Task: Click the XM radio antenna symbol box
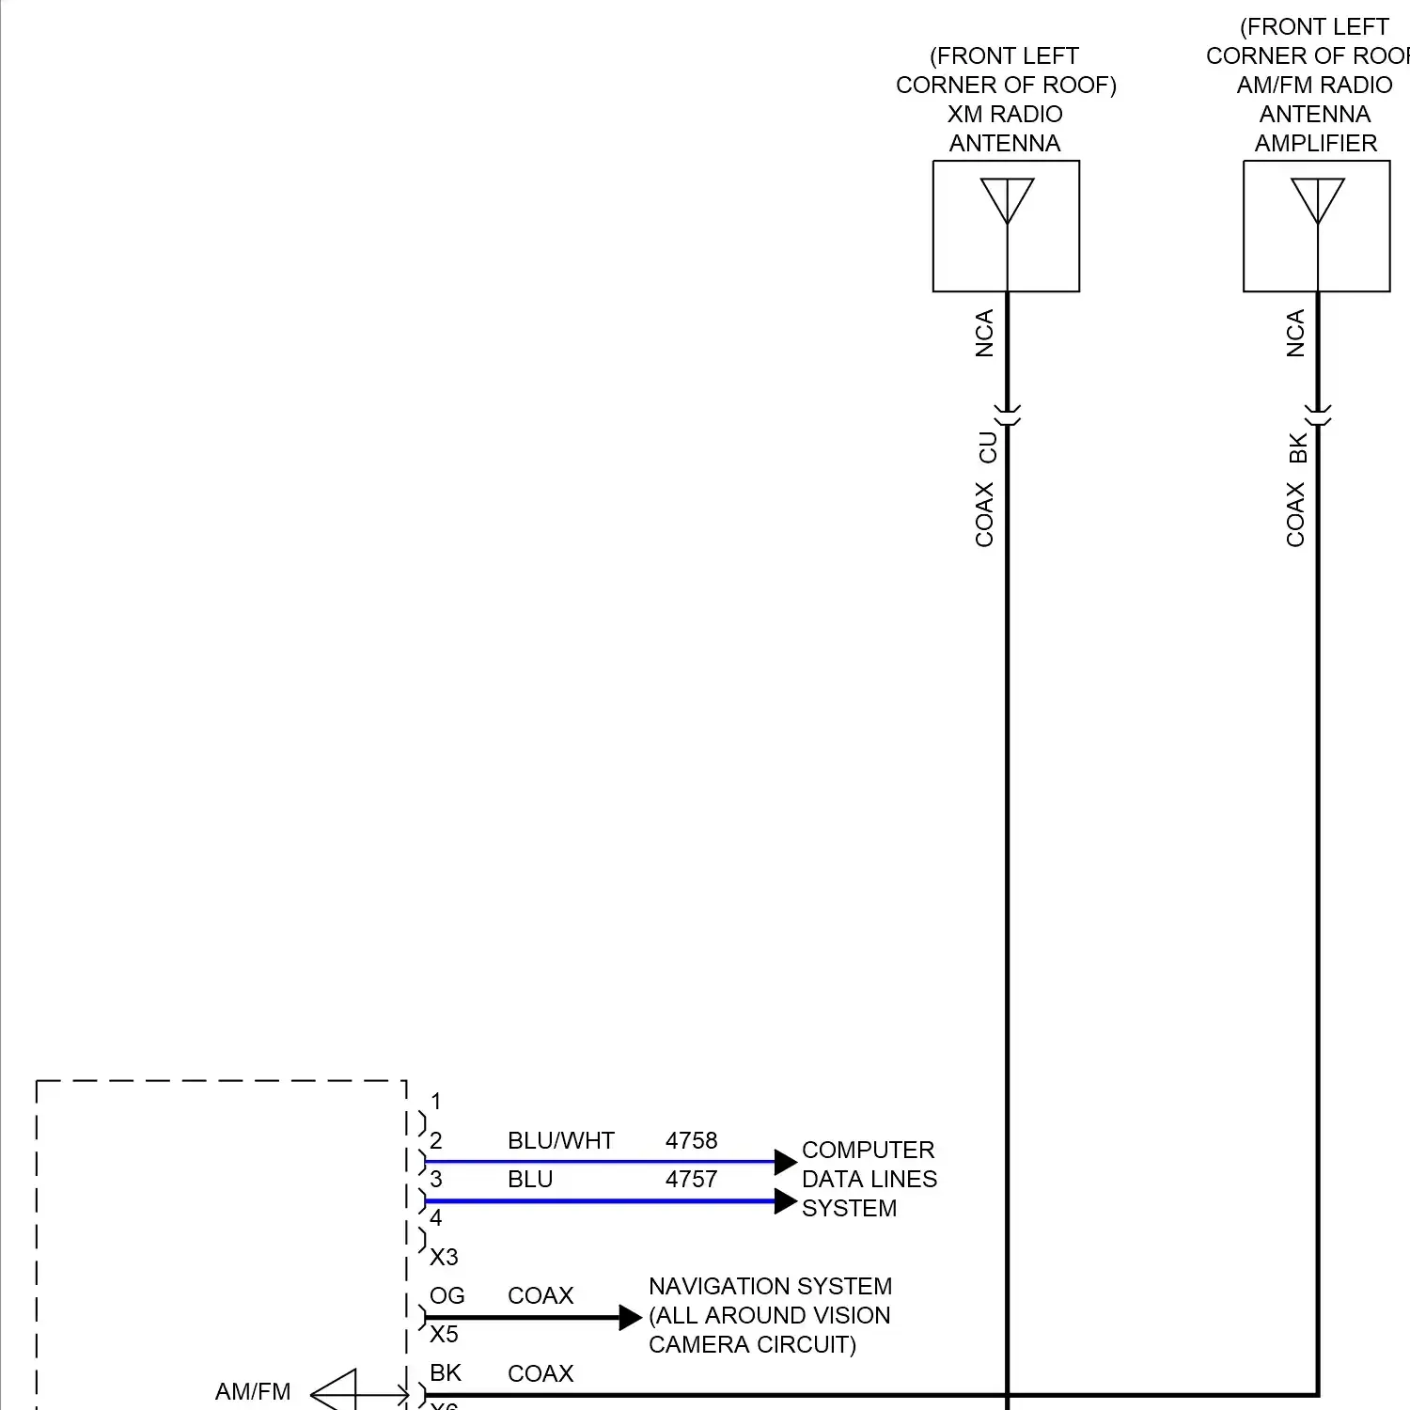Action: [x=1006, y=226]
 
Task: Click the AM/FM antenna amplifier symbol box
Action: [x=1316, y=226]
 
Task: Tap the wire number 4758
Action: [x=691, y=1140]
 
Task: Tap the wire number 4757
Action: [x=691, y=1179]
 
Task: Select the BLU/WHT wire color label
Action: [x=560, y=1140]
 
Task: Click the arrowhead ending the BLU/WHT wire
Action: [x=786, y=1162]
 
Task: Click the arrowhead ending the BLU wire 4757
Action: [x=786, y=1201]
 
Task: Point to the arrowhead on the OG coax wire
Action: [x=631, y=1318]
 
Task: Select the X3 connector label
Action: [x=444, y=1257]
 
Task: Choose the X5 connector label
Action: [x=444, y=1334]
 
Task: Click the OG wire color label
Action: [x=446, y=1295]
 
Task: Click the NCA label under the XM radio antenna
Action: [x=984, y=334]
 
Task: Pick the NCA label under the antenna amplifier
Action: [x=1295, y=334]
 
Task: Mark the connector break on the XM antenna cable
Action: [x=1008, y=415]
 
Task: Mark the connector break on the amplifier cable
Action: [x=1318, y=415]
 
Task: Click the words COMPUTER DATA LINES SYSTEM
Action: [x=869, y=1179]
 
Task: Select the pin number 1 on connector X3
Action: [x=435, y=1101]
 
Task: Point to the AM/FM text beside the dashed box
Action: [x=253, y=1391]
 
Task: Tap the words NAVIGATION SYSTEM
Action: [x=770, y=1286]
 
